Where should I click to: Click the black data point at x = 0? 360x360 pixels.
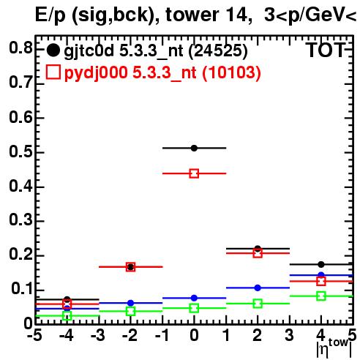[194, 148]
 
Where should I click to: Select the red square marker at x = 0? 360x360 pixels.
[194, 173]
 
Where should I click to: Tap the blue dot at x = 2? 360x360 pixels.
[258, 288]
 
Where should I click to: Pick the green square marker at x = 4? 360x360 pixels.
[321, 296]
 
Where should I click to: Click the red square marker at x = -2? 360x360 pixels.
[131, 267]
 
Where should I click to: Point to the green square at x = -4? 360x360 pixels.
[67, 316]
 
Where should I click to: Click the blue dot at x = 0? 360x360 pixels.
[194, 298]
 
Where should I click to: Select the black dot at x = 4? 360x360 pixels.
[321, 264]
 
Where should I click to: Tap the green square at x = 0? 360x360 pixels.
[194, 308]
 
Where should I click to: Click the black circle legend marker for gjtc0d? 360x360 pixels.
[53, 50]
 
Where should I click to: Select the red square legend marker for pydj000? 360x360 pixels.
[53, 72]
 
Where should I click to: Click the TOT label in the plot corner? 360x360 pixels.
[326, 50]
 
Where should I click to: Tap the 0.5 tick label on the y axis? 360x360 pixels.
[20, 151]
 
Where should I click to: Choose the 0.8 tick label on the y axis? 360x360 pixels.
[20, 48]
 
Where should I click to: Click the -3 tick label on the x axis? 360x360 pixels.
[98, 335]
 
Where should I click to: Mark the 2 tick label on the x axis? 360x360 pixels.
[258, 335]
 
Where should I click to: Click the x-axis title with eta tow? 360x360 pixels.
[334, 348]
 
